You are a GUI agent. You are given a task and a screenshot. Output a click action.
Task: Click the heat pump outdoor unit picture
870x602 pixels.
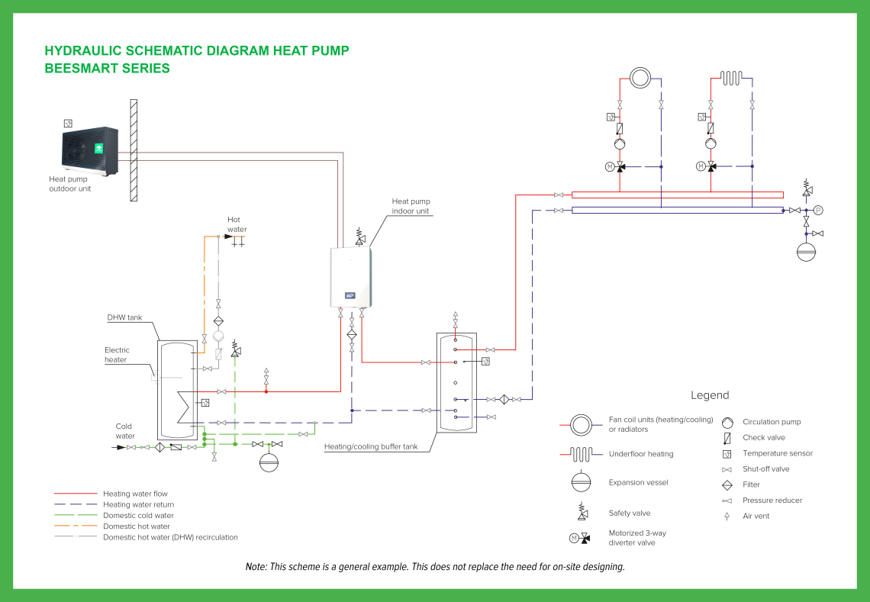pyautogui.click(x=89, y=150)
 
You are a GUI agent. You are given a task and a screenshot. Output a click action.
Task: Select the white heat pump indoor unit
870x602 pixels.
pyautogui.click(x=350, y=278)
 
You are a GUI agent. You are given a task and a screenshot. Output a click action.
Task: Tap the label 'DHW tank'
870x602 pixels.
pyautogui.click(x=124, y=317)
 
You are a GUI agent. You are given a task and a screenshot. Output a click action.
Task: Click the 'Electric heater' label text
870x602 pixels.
pyautogui.click(x=117, y=355)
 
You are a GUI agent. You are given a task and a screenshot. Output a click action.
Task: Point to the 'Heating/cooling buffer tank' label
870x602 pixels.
pyautogui.click(x=371, y=446)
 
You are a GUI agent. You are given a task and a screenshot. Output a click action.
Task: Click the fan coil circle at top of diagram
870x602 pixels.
pyautogui.click(x=640, y=78)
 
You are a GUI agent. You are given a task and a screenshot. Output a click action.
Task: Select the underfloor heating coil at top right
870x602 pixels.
pyautogui.click(x=731, y=78)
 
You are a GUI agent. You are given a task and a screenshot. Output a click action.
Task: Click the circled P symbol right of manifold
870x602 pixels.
pyautogui.click(x=818, y=210)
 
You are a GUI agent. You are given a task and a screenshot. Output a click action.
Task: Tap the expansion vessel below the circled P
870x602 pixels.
pyautogui.click(x=807, y=251)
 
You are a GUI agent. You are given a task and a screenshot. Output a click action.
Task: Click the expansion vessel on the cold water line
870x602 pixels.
pyautogui.click(x=269, y=462)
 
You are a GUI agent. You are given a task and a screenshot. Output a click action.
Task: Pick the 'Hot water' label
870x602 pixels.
pyautogui.click(x=237, y=224)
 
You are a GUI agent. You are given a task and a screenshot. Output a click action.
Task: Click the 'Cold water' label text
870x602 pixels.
pyautogui.click(x=124, y=431)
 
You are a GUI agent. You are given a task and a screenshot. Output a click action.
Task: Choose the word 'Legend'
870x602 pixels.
pyautogui.click(x=710, y=395)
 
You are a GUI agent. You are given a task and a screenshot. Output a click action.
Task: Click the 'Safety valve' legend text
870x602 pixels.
pyautogui.click(x=630, y=513)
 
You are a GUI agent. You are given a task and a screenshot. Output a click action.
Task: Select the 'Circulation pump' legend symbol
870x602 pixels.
pyautogui.click(x=727, y=422)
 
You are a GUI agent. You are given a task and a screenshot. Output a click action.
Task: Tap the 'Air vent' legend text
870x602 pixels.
pyautogui.click(x=756, y=517)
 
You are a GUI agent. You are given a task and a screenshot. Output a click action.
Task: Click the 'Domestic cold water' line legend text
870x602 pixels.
pyautogui.click(x=138, y=516)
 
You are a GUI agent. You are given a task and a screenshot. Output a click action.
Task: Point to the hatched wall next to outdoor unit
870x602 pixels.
pyautogui.click(x=134, y=150)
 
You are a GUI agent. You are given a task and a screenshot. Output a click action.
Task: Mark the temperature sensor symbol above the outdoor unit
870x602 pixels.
pyautogui.click(x=68, y=123)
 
